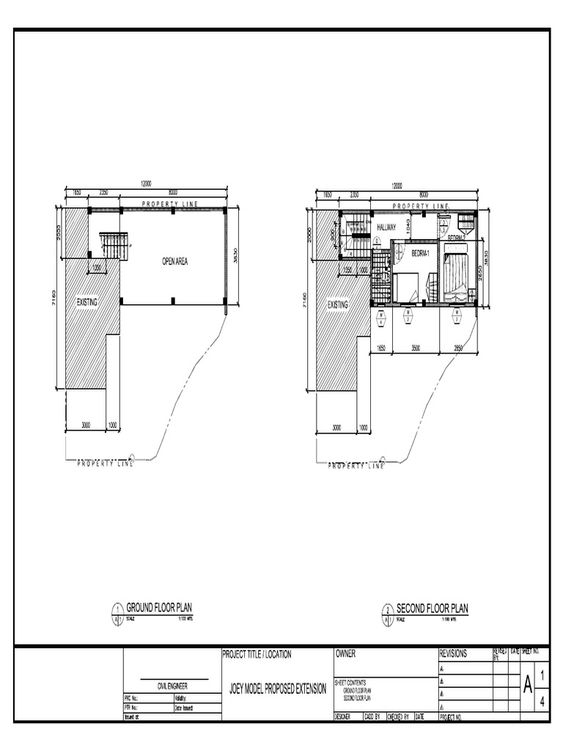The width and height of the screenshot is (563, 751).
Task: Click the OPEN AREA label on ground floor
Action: point(174,260)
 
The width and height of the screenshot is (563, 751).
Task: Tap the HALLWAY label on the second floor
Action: point(386,228)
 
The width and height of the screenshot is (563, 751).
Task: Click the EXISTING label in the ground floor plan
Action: point(87,301)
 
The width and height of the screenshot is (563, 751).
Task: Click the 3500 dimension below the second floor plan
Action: point(415,349)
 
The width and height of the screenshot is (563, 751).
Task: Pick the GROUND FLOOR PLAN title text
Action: point(159,608)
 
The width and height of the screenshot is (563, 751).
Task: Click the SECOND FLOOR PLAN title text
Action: point(432,608)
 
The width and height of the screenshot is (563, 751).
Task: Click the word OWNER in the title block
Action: point(345,653)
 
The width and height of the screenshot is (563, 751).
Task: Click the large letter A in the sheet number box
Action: point(527,686)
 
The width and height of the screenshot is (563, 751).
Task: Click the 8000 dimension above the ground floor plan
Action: point(173,192)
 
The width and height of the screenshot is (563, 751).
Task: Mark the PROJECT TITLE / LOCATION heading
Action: point(256,653)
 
